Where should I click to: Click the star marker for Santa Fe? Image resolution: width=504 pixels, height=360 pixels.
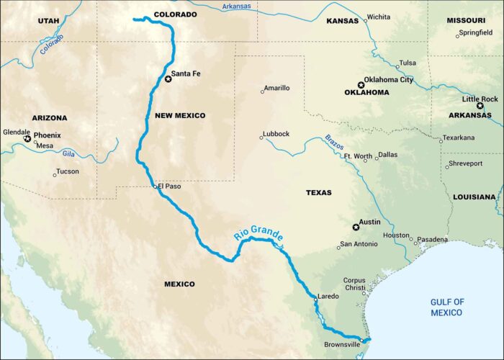[x=168, y=79]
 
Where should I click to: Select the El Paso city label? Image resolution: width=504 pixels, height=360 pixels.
[x=170, y=186]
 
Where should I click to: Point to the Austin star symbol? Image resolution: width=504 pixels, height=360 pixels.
[x=356, y=228]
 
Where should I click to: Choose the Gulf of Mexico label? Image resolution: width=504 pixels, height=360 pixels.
[x=446, y=307]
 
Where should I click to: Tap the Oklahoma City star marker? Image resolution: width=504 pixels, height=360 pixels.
[x=361, y=84]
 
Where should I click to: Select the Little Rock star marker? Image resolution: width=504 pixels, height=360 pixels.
[x=480, y=106]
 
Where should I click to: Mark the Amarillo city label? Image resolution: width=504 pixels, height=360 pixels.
[x=277, y=88]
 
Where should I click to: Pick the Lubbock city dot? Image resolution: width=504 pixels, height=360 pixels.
[x=262, y=138]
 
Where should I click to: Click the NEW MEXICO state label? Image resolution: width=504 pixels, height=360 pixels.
[x=180, y=115]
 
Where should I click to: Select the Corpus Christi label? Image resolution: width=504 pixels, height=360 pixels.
[x=354, y=285]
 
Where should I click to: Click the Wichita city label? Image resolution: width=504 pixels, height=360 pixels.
[x=379, y=17]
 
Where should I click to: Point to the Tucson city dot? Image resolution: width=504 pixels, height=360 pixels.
[x=55, y=174]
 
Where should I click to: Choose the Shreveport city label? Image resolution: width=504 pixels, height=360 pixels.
[x=466, y=163]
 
